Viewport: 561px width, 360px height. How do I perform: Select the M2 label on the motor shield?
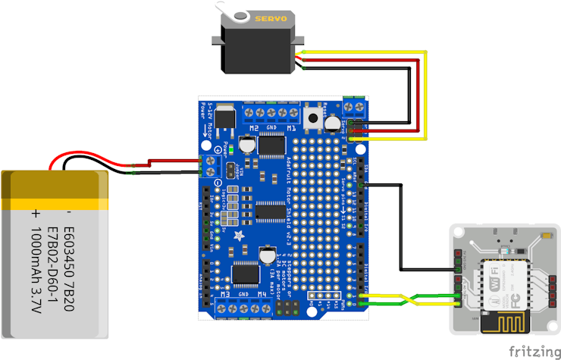[x=253, y=129]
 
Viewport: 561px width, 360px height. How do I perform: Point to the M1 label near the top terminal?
[x=291, y=129]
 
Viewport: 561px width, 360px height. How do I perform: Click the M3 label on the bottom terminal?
[x=225, y=293]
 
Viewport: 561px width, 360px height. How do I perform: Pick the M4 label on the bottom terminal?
[x=262, y=293]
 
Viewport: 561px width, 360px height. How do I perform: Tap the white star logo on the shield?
[x=240, y=236]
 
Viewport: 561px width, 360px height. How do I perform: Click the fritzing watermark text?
[x=534, y=351]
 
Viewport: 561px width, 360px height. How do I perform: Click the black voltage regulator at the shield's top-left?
[x=224, y=117]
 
